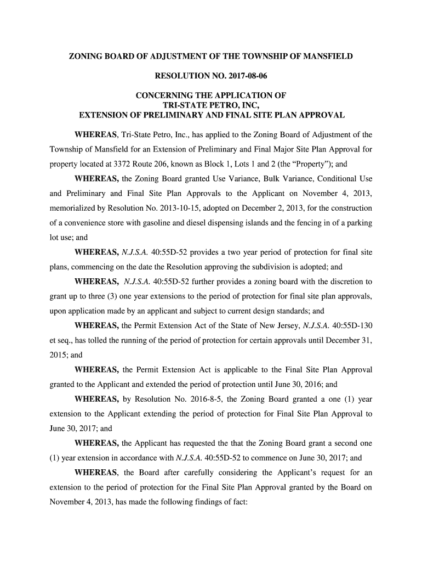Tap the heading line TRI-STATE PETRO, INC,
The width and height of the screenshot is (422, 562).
pyautogui.click(x=211, y=105)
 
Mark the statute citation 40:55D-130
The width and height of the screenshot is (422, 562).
pyautogui.click(x=346, y=326)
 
